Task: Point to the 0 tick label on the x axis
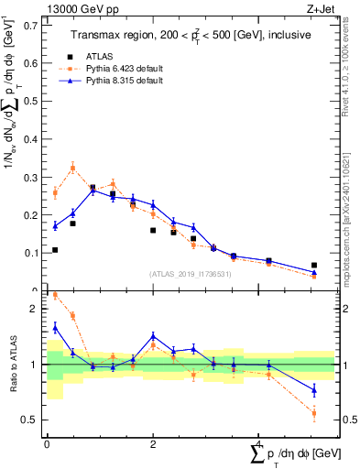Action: [x=47, y=444]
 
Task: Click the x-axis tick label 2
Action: [x=152, y=444]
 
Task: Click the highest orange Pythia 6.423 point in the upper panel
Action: [x=72, y=168]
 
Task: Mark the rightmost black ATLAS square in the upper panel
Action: [x=314, y=265]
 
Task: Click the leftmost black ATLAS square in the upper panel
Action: [x=55, y=249]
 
